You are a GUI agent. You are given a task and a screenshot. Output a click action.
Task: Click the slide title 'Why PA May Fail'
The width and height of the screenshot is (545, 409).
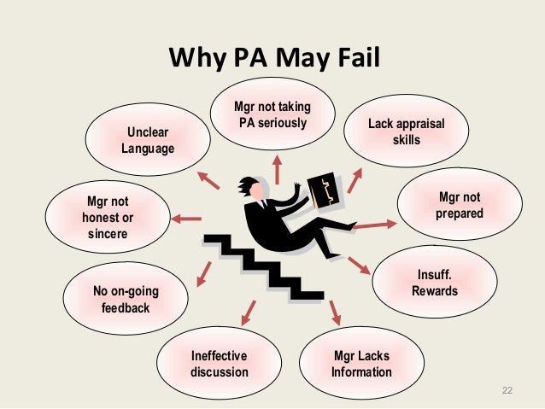pos(273,60)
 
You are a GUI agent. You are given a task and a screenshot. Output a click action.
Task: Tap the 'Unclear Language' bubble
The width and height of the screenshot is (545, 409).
pos(147,140)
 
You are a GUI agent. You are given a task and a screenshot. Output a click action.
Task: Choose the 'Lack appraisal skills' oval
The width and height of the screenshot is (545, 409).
pos(406,132)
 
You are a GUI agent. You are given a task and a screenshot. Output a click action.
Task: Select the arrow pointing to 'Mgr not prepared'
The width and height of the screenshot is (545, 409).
pos(374,225)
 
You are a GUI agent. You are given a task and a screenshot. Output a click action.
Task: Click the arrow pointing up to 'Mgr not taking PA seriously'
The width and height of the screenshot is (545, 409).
pos(276,167)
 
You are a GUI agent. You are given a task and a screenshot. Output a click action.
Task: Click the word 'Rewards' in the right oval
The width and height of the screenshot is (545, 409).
pos(434,291)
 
